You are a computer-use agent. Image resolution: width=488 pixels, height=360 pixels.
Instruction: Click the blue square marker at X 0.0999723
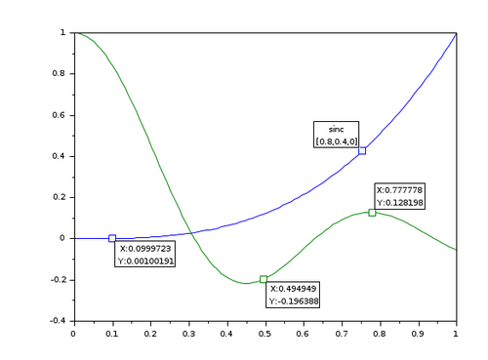click(x=112, y=238)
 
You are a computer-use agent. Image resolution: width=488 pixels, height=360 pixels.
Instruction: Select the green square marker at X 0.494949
click(x=264, y=279)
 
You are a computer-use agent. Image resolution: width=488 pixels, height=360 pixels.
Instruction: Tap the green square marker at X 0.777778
click(x=372, y=212)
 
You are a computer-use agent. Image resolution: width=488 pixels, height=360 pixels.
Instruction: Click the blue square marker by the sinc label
click(x=362, y=150)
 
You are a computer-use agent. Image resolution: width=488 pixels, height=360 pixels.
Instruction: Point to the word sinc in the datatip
click(x=336, y=129)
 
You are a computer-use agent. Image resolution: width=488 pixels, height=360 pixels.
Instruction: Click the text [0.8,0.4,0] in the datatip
click(x=336, y=141)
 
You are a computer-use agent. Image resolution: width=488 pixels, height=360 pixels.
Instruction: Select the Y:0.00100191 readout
click(x=146, y=260)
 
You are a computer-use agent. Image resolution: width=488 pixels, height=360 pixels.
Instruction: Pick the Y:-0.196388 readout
click(x=293, y=300)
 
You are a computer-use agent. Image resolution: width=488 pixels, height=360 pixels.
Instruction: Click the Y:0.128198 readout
click(x=400, y=202)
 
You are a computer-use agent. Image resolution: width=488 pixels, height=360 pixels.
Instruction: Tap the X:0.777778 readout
click(x=400, y=189)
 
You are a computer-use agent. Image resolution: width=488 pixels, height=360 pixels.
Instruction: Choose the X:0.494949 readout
click(x=293, y=289)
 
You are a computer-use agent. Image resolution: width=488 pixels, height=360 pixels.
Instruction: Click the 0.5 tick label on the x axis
click(x=264, y=334)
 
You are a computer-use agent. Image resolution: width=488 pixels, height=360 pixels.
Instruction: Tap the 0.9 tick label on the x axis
click(x=418, y=334)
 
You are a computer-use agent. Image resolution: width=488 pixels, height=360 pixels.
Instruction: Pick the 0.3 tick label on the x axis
click(x=188, y=334)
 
